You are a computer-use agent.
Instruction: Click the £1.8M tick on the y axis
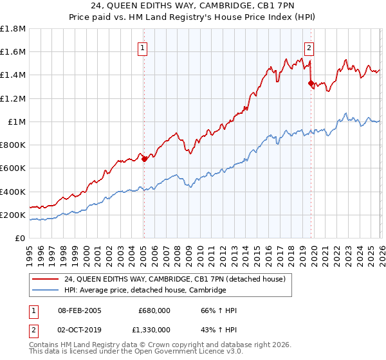pos(13,29)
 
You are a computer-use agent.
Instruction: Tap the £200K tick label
pos(13,215)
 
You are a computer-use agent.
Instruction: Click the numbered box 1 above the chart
pos(142,47)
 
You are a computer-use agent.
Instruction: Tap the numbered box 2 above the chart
pos(309,47)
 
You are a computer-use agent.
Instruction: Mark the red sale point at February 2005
pos(144,159)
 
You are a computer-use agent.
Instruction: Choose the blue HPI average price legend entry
pos(145,291)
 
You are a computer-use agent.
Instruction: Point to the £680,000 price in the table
pos(154,310)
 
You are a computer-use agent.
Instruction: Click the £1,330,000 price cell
pos(152,330)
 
